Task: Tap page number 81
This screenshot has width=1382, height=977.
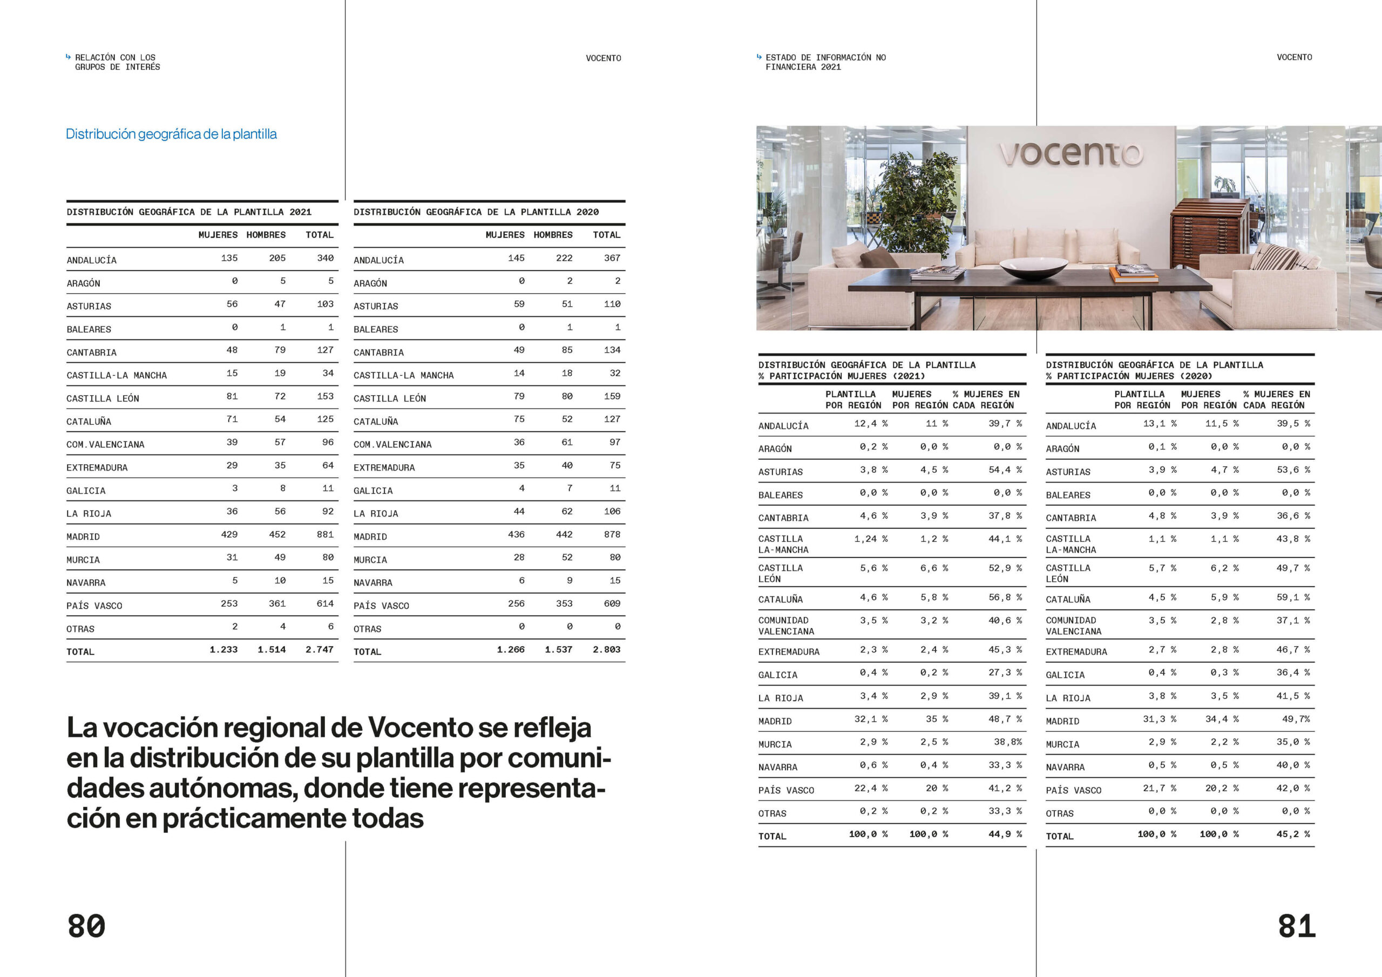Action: (1297, 926)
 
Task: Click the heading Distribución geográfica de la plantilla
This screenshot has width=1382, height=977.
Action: (171, 134)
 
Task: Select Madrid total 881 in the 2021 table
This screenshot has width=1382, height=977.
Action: (325, 534)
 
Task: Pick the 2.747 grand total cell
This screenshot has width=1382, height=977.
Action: (319, 649)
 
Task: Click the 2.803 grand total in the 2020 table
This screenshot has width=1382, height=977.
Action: (606, 649)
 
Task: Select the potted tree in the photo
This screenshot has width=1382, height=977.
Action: (915, 199)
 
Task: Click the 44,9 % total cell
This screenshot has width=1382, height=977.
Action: (1005, 834)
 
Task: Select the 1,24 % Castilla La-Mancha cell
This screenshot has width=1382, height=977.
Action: (870, 539)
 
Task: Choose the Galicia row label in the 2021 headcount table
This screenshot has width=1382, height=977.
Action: (86, 491)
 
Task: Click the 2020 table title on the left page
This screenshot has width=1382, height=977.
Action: (476, 212)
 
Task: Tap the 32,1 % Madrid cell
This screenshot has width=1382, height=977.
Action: (870, 720)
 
